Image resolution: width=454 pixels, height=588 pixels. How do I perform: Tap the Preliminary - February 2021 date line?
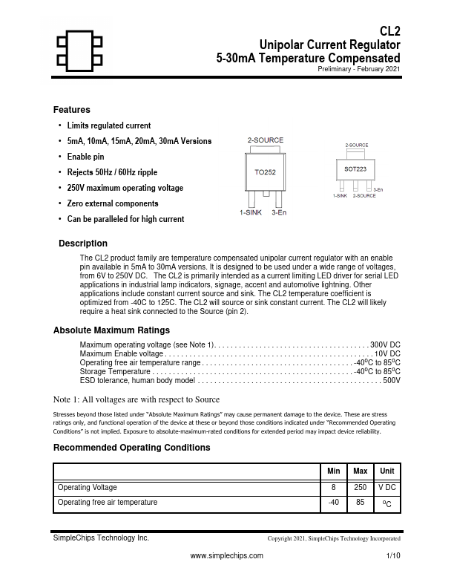pos(359,68)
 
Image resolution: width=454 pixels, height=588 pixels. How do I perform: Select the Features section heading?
pos(72,110)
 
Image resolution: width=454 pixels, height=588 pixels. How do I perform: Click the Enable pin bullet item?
pos(85,157)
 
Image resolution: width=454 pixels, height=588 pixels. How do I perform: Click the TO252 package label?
pos(266,171)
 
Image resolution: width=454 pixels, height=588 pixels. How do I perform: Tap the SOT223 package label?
pos(355,169)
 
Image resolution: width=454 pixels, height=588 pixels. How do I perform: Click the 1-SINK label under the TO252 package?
pos(251,213)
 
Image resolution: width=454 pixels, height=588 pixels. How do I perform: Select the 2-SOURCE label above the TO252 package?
pos(265,140)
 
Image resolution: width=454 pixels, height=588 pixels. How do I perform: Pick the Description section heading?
pos(83,244)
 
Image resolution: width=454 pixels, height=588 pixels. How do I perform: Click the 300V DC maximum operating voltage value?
pos(386,345)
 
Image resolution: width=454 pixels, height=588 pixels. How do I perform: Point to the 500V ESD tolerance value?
pos(391,381)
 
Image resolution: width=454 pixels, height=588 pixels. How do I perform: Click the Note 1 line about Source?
pos(136,399)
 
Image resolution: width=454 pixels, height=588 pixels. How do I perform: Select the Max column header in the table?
pos(361,471)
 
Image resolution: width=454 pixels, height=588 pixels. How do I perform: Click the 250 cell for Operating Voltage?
pos(361,488)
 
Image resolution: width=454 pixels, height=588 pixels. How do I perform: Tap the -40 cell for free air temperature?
pos(334,503)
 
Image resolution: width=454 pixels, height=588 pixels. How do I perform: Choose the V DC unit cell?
pos(386,488)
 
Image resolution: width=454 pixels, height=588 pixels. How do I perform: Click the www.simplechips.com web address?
pos(227,555)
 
